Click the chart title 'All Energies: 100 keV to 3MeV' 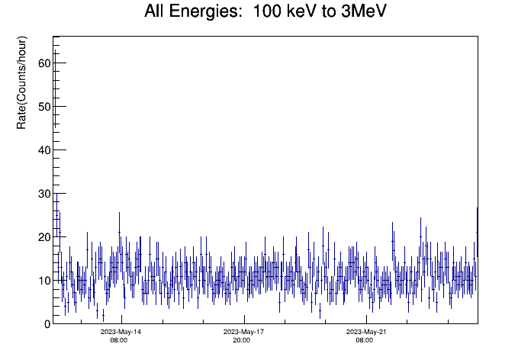[265, 11]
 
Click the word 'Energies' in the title [204, 12]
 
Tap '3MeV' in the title [363, 11]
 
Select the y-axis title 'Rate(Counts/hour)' [21, 82]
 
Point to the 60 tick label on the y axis [44, 63]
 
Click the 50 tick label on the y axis [44, 106]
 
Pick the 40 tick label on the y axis [44, 150]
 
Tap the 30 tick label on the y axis [44, 194]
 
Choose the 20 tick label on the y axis [44, 237]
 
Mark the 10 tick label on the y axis [44, 281]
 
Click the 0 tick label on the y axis [47, 324]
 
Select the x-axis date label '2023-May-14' [121, 332]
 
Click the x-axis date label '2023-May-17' [243, 332]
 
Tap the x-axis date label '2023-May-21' [366, 332]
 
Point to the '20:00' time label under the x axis [241, 340]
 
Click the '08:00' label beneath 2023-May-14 [119, 340]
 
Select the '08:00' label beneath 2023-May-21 [365, 340]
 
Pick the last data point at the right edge [477, 233]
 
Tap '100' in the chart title [267, 11]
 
